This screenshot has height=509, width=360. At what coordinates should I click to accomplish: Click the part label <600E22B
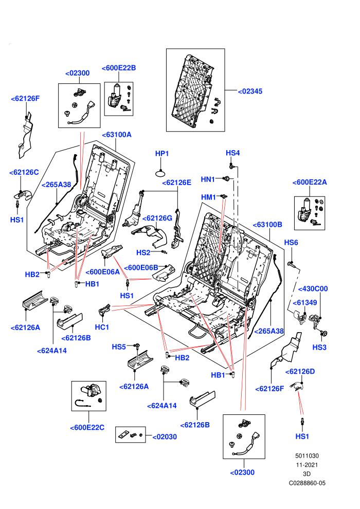(119, 68)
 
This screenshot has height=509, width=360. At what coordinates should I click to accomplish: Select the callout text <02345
(250, 91)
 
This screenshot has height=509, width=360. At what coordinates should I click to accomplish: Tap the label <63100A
(117, 135)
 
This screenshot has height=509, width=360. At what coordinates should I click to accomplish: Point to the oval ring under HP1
(161, 173)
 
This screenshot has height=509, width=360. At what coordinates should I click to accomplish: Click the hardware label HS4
(233, 153)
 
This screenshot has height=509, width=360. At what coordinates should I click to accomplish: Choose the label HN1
(208, 179)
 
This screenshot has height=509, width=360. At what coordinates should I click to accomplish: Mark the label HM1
(208, 197)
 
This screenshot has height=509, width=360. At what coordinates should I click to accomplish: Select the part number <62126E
(176, 183)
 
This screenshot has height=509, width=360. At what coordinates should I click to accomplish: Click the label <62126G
(157, 218)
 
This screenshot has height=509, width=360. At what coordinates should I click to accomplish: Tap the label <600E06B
(141, 267)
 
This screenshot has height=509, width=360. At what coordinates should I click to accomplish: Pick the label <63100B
(267, 224)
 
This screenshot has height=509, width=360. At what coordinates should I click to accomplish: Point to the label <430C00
(313, 288)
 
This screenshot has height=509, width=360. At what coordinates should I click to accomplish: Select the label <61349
(305, 302)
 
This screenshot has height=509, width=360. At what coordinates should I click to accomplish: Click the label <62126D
(300, 371)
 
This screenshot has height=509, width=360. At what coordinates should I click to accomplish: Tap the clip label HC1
(102, 327)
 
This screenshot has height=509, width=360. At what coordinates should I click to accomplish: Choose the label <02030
(165, 437)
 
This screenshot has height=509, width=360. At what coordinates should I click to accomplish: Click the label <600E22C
(87, 428)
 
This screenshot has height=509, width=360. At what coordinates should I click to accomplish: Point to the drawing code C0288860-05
(307, 483)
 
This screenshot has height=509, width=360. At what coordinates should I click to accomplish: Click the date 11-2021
(307, 465)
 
